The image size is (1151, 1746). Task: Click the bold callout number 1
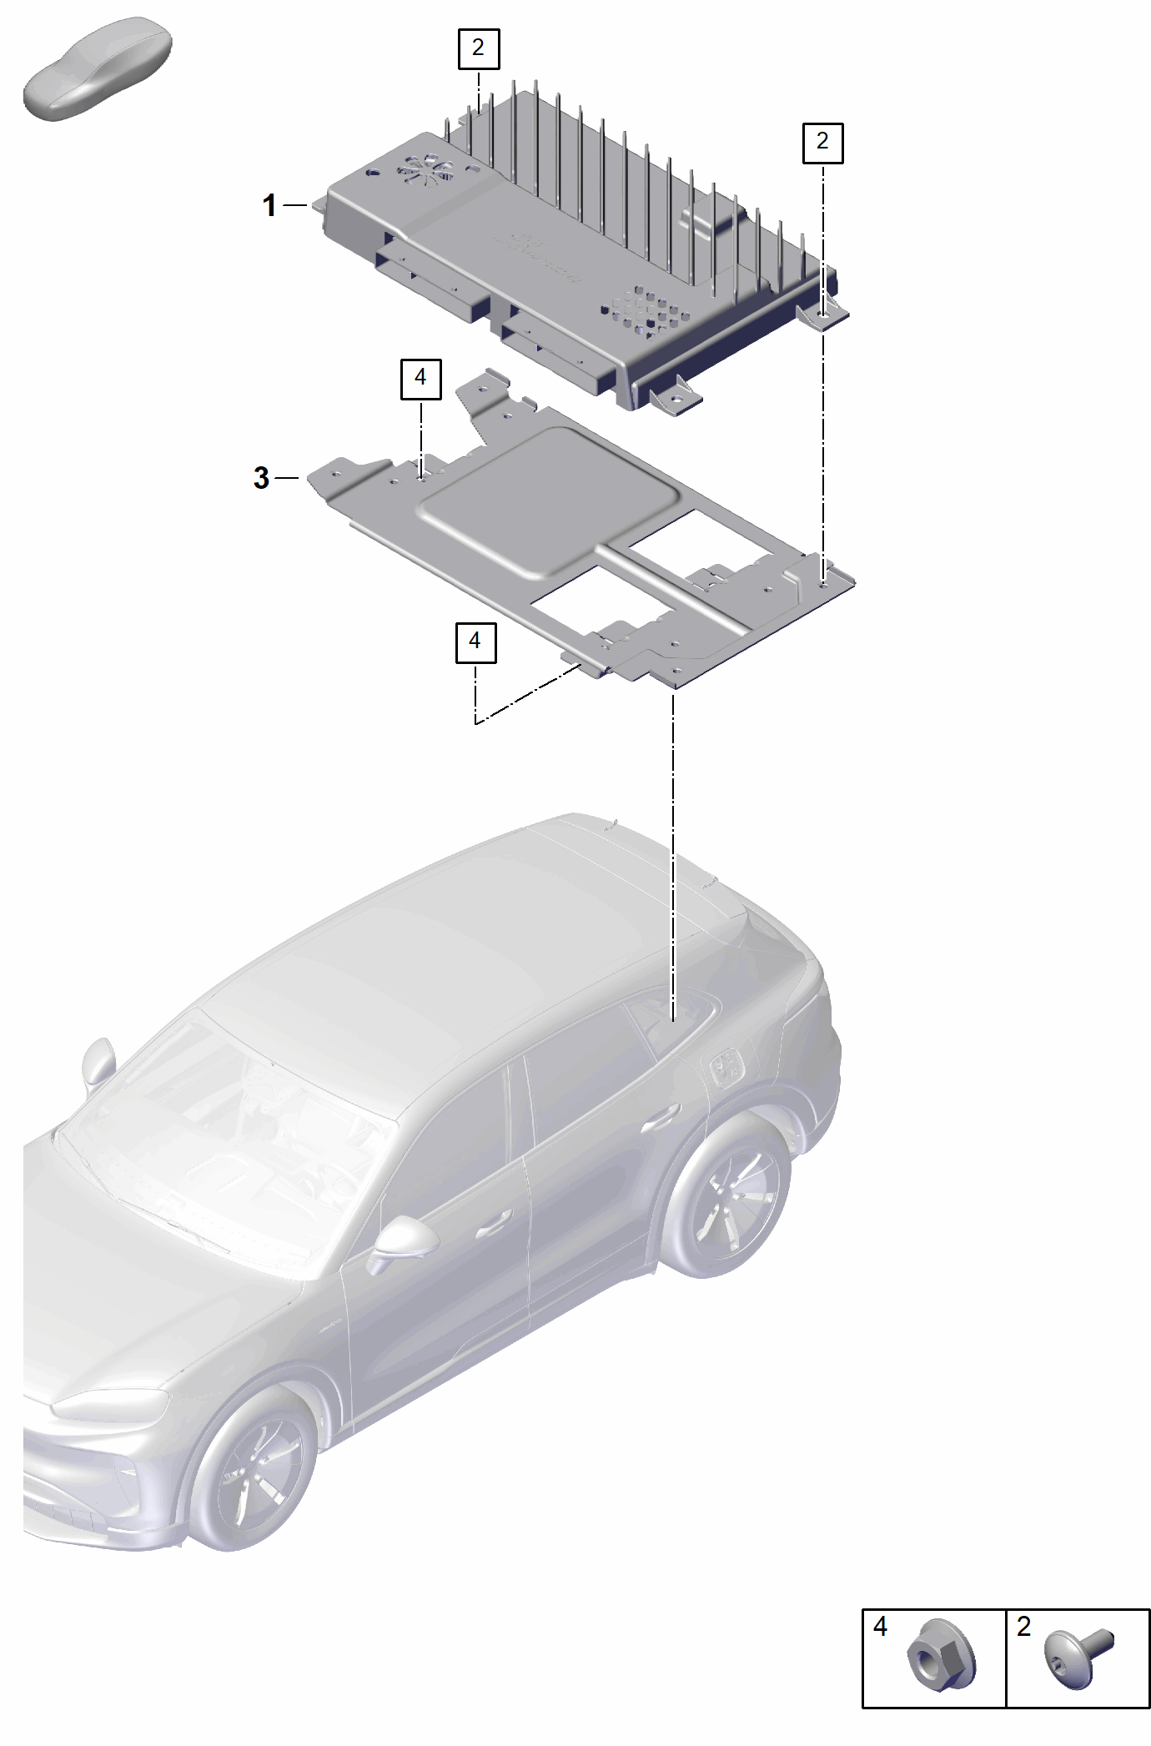pos(269,205)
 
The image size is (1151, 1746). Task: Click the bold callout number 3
pos(261,479)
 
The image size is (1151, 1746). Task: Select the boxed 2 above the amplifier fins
pos(479,48)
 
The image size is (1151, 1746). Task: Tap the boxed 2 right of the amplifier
pos(823,143)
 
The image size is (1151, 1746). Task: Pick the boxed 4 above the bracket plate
pos(421,380)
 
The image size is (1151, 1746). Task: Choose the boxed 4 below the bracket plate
pos(475,642)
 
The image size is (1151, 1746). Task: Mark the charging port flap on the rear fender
pos(728,1067)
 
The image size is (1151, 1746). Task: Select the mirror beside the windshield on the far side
pos(97,1064)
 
